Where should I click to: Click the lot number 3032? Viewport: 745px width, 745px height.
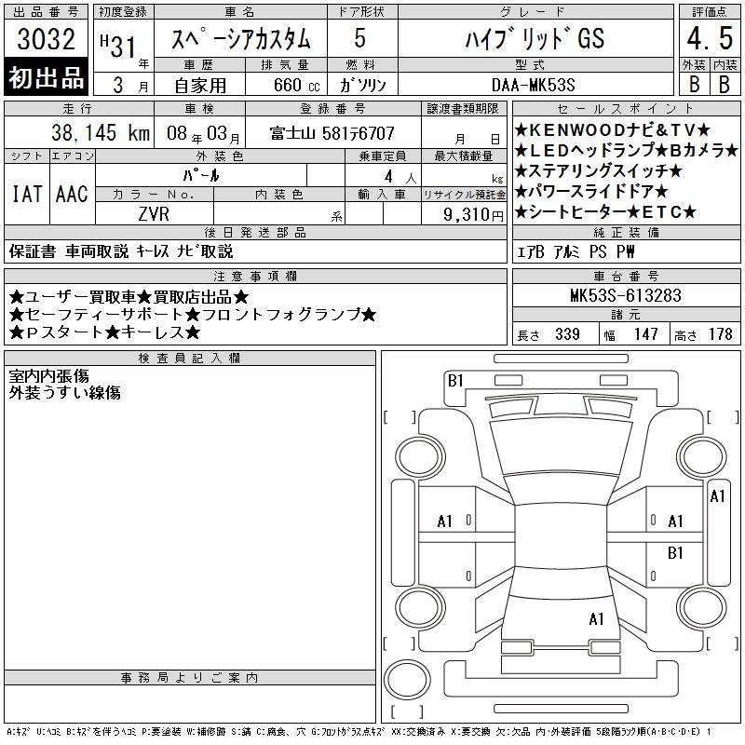[x=46, y=39]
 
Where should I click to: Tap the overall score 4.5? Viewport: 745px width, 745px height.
[x=710, y=38]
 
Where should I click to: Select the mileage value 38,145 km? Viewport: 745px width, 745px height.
[x=101, y=132]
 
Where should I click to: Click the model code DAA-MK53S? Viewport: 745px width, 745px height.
[x=533, y=85]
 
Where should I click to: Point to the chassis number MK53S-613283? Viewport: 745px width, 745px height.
[x=626, y=295]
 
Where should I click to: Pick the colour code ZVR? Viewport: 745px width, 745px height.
[x=154, y=214]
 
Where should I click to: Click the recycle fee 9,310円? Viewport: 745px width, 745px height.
[x=473, y=215]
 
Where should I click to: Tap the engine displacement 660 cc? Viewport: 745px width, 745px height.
[x=296, y=86]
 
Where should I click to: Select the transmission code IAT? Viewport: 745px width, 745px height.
[x=27, y=194]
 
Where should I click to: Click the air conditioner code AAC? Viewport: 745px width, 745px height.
[x=73, y=194]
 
